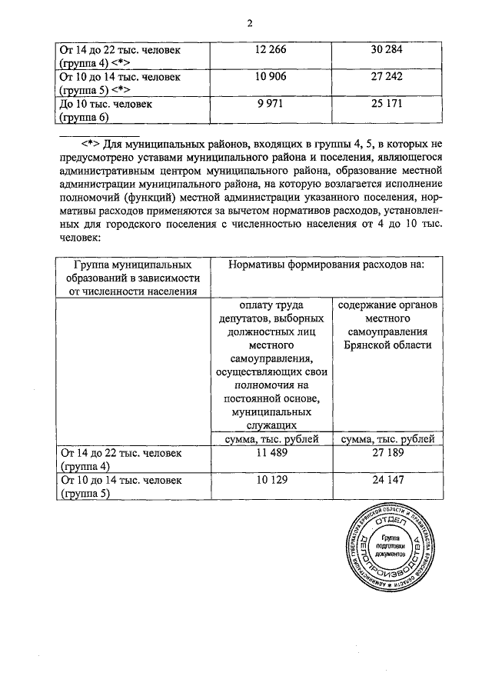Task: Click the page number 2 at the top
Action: (250, 22)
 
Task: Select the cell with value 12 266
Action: (270, 50)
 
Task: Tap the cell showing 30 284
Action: (387, 50)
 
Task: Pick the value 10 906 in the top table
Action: (270, 77)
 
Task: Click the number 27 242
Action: (387, 77)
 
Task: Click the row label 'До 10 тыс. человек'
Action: (105, 104)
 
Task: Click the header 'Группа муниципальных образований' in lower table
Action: (128, 271)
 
